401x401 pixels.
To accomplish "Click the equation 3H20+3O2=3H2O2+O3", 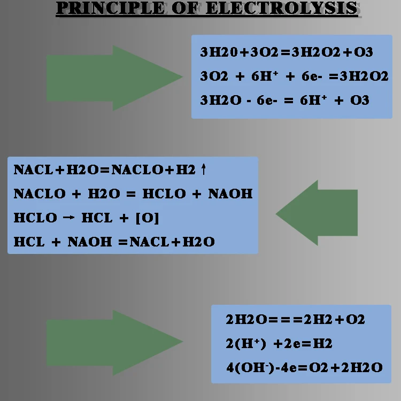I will tap(287, 52).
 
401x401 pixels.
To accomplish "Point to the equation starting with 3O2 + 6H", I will tap(294, 76).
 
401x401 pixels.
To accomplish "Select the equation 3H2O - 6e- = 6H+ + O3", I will tap(284, 101).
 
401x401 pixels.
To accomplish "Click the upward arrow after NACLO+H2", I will tap(203, 170).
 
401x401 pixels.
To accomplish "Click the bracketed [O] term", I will tap(148, 218).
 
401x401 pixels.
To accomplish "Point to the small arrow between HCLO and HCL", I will tap(68, 218).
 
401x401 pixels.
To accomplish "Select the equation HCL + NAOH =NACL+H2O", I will tap(114, 242).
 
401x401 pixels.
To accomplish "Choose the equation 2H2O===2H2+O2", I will tap(295, 320).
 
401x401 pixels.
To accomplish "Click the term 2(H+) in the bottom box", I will tap(245, 343).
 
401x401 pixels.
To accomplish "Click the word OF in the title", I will tap(185, 8).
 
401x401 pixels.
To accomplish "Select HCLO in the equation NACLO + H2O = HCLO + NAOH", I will tap(163, 194).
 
